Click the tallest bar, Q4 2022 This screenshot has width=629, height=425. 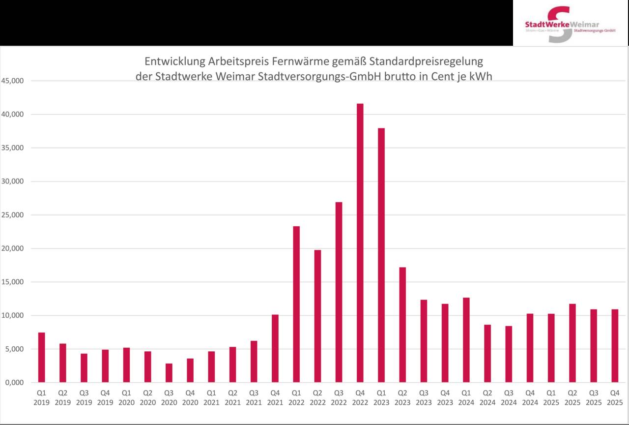pyautogui.click(x=360, y=243)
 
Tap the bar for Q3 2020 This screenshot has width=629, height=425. pyautogui.click(x=169, y=373)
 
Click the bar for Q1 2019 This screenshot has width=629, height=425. pyautogui.click(x=42, y=358)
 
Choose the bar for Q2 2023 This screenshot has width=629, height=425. pyautogui.click(x=402, y=325)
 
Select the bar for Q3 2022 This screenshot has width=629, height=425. pyautogui.click(x=339, y=292)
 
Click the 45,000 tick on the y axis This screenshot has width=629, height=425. pyautogui.click(x=14, y=81)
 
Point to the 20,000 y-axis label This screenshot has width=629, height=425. pyautogui.click(x=14, y=248)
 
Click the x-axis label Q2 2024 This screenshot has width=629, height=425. pyautogui.click(x=487, y=397)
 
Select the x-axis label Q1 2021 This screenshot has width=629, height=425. pyautogui.click(x=211, y=397)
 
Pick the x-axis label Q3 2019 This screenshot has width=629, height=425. pyautogui.click(x=84, y=397)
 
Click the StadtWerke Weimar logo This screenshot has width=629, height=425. pyautogui.click(x=570, y=24)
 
